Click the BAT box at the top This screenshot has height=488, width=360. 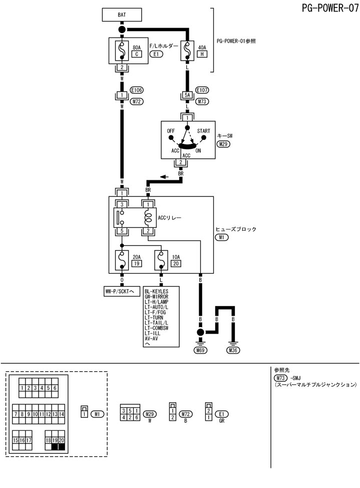pyautogui.click(x=122, y=15)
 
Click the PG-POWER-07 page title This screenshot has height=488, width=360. pyautogui.click(x=330, y=9)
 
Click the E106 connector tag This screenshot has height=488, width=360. pyautogui.click(x=137, y=91)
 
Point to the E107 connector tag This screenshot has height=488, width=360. pyautogui.click(x=202, y=91)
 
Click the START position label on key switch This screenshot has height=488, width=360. pyautogui.click(x=203, y=131)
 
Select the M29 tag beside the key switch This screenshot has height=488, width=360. pyautogui.click(x=223, y=144)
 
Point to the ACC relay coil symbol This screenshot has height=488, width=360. pyautogui.click(x=148, y=218)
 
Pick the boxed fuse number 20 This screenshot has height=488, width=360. pyautogui.click(x=176, y=264)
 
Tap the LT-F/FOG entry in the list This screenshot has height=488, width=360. pyautogui.click(x=156, y=312)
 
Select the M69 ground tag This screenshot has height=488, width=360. pyautogui.click(x=200, y=351)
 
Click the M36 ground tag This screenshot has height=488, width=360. pyautogui.click(x=233, y=351)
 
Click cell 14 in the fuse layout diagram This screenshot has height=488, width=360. pyautogui.click(x=62, y=414)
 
